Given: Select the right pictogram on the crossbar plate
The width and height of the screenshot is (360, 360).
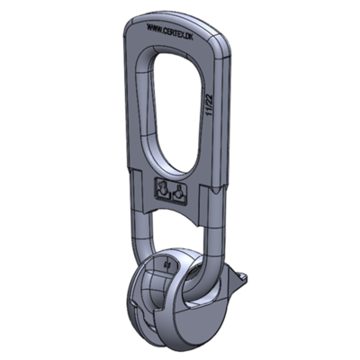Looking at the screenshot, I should (179, 193).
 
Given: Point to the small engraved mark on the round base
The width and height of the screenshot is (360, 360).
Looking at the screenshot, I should (168, 265).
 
